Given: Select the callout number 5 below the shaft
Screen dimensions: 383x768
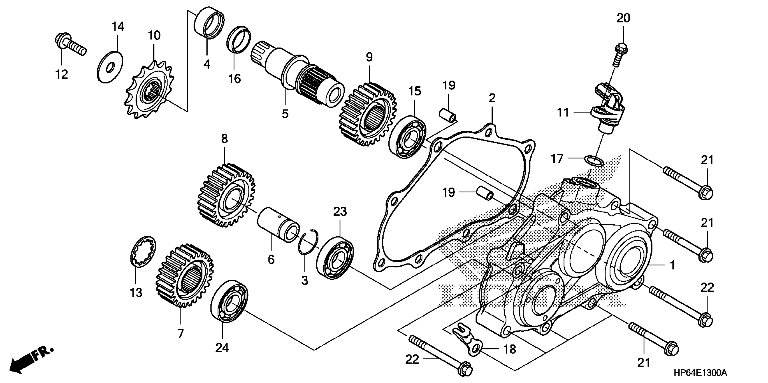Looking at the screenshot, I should point(285,114).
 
